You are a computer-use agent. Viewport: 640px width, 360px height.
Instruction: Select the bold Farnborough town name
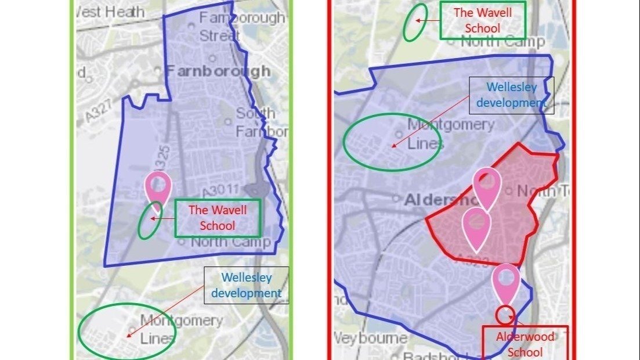pos(218,71)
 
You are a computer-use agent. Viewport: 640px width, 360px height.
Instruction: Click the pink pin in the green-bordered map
pos(158,186)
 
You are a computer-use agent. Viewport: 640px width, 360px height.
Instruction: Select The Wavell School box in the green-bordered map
pos(218,218)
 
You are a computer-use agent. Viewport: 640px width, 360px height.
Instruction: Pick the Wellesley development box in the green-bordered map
pos(246,286)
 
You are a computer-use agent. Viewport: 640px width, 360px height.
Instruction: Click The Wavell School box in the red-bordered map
pos(483,20)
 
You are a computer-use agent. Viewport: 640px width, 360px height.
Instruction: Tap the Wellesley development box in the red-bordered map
pos(511,95)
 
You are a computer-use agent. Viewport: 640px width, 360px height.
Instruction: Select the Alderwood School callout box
pos(525,344)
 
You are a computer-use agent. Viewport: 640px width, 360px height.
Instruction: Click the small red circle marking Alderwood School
pos(505,314)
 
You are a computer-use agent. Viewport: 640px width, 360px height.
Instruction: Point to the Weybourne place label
pos(371,337)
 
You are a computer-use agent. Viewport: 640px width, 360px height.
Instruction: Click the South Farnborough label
pos(262,123)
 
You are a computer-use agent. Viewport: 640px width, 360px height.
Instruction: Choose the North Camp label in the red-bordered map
pos(502,41)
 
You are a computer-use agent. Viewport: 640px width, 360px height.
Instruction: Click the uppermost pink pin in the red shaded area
pos(487,185)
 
